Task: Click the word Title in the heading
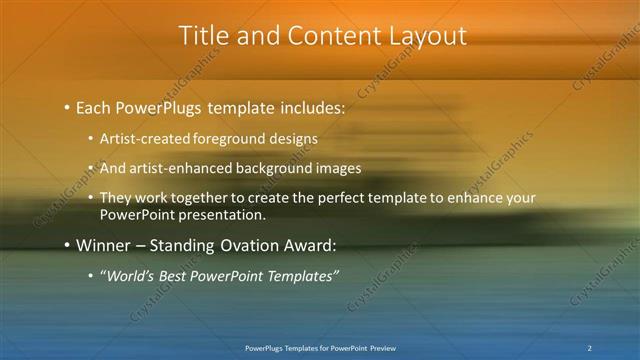pyautogui.click(x=201, y=36)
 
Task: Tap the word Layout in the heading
pyautogui.click(x=427, y=36)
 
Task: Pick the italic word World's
pyautogui.click(x=128, y=276)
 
